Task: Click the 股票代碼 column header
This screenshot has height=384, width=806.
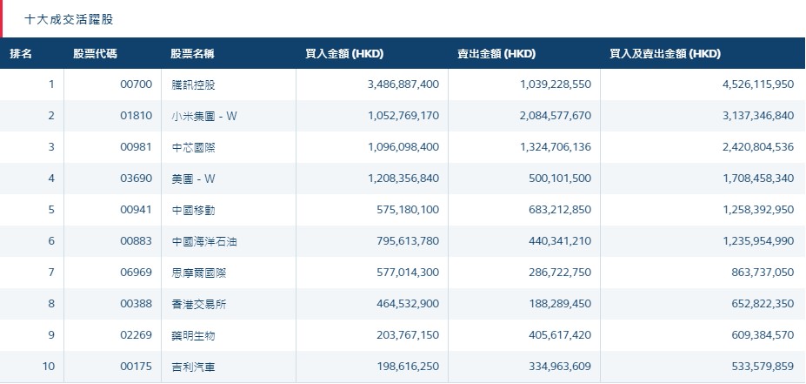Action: pyautogui.click(x=95, y=54)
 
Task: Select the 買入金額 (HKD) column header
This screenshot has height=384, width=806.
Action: pyautogui.click(x=344, y=54)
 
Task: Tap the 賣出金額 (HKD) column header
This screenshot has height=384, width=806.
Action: pyautogui.click(x=496, y=54)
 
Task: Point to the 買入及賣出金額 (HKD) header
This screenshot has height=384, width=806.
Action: pyautogui.click(x=665, y=54)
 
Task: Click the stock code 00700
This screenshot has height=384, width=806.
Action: pyautogui.click(x=137, y=84)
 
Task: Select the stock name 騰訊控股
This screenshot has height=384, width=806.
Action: pyautogui.click(x=193, y=84)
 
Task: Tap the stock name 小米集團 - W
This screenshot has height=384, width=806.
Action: pyautogui.click(x=204, y=116)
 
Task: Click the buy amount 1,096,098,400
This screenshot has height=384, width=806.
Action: pyautogui.click(x=397, y=147)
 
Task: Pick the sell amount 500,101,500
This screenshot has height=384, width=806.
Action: pyautogui.click(x=552, y=179)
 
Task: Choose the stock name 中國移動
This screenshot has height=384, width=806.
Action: pyautogui.click(x=193, y=210)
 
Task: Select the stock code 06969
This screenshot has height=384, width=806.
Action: pyautogui.click(x=137, y=273)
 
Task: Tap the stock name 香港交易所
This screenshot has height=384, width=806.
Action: pyautogui.click(x=198, y=304)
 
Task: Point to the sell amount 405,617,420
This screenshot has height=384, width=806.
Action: pyautogui.click(x=552, y=335)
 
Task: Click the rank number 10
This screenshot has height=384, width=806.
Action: pyautogui.click(x=49, y=367)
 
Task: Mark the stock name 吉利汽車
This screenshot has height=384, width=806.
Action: pyautogui.click(x=193, y=367)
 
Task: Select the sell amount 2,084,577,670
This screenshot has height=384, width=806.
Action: pyautogui.click(x=547, y=116)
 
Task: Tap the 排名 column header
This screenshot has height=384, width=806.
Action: pyautogui.click(x=21, y=54)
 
